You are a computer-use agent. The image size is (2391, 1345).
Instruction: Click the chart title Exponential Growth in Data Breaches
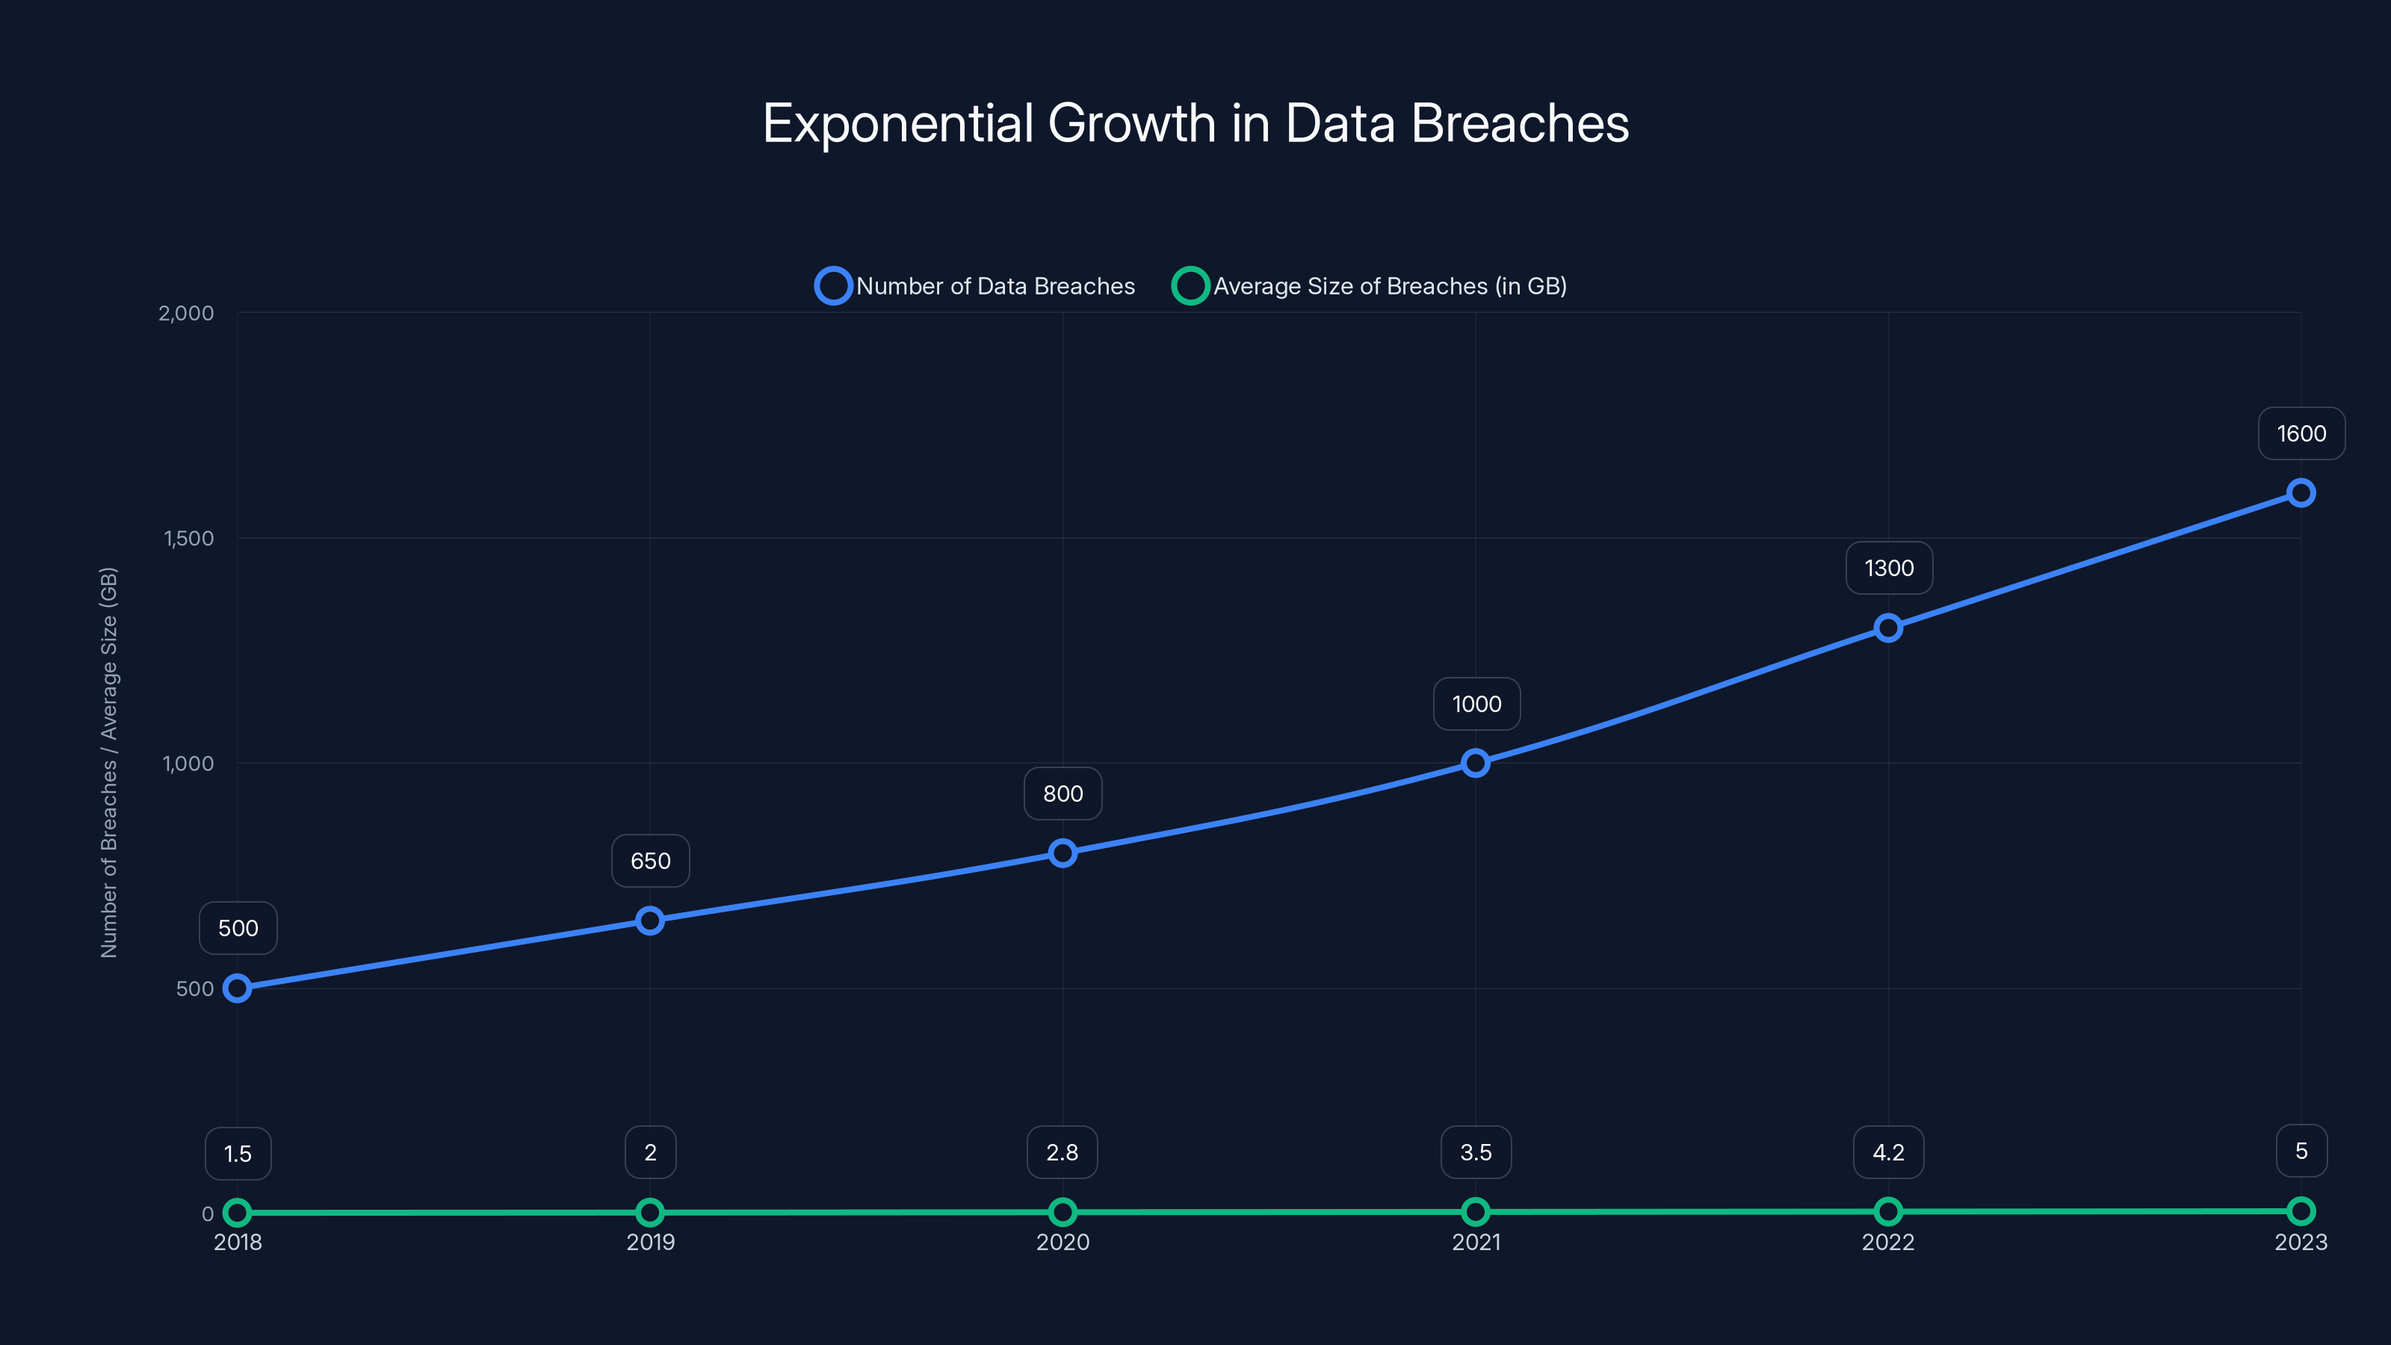[x=1195, y=123]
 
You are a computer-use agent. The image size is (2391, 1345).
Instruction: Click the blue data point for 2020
[x=1063, y=853]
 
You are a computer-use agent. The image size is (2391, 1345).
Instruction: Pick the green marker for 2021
[x=1475, y=1211]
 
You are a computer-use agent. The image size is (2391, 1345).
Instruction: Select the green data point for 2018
[x=238, y=1212]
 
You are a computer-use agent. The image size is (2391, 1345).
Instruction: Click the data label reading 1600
[x=2301, y=433]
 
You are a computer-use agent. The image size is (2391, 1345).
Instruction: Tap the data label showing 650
[x=650, y=862]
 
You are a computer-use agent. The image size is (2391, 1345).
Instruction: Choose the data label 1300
[x=1889, y=568]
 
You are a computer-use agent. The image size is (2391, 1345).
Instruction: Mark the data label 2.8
[x=1062, y=1152]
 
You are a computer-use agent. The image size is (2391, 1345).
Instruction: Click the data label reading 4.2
[x=1888, y=1152]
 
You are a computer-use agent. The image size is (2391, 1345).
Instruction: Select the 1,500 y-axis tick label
[x=188, y=538]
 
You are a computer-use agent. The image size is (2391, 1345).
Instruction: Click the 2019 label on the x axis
[x=650, y=1242]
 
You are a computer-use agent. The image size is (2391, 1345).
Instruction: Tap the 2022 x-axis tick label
[x=1888, y=1242]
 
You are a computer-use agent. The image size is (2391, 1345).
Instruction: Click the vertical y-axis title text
[x=108, y=762]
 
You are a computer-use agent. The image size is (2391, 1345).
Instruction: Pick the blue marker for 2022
[x=1888, y=628]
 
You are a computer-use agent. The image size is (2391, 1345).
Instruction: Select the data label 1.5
[x=238, y=1154]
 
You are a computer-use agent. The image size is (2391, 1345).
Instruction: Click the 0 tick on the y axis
[x=208, y=1213]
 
